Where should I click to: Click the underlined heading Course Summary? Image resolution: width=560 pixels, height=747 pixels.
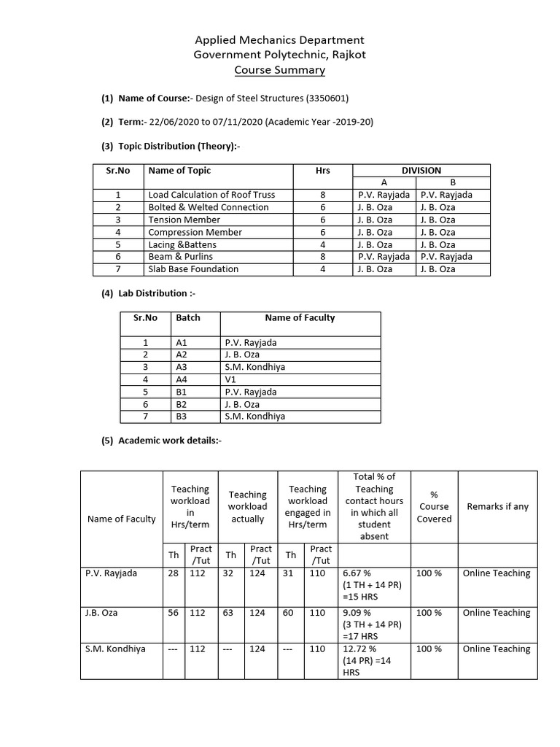pyautogui.click(x=279, y=70)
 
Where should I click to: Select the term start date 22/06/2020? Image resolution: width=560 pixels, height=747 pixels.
pyautogui.click(x=172, y=123)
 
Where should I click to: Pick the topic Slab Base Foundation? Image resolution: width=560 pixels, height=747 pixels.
pyautogui.click(x=193, y=269)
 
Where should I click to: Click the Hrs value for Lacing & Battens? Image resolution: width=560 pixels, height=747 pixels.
pyautogui.click(x=322, y=244)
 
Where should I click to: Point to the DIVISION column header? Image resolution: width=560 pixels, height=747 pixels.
pyautogui.click(x=421, y=170)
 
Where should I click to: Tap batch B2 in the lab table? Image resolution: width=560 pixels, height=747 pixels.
pyautogui.click(x=182, y=404)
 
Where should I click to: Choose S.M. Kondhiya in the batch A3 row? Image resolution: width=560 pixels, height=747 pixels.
pyautogui.click(x=254, y=367)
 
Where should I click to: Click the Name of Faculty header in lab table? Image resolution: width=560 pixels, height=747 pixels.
pyautogui.click(x=300, y=317)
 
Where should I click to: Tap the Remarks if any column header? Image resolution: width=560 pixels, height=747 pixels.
pyautogui.click(x=497, y=506)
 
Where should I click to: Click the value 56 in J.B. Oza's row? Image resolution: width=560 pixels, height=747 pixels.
pyautogui.click(x=174, y=613)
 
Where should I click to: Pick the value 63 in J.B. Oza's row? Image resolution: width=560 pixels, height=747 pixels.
pyautogui.click(x=228, y=613)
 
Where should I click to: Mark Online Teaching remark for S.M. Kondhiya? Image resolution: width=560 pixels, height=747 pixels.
pyautogui.click(x=496, y=649)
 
